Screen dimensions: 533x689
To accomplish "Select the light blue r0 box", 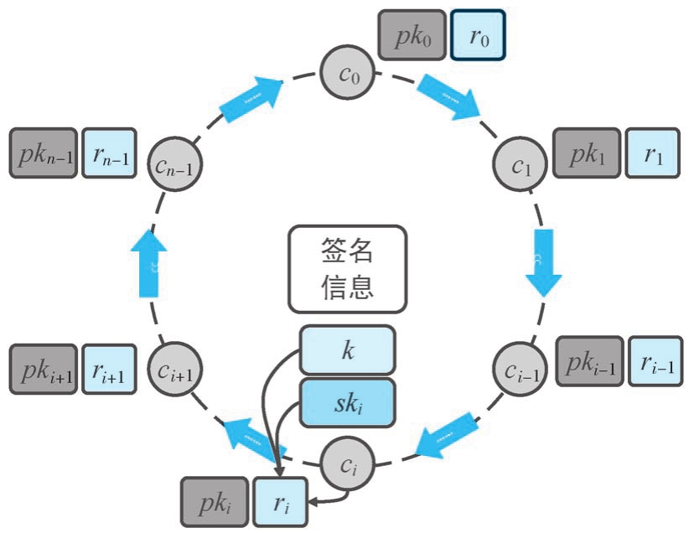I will pos(478,35).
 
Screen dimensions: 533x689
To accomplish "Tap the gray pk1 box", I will pos(587,153).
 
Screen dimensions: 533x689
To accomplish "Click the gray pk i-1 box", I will pos(589,361).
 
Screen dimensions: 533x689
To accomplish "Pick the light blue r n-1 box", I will pos(109,153).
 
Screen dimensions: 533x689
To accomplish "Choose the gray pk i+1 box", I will pos(44,368).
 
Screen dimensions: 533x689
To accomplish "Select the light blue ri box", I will pos(280,501).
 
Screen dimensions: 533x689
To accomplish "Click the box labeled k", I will pos(347,349).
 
